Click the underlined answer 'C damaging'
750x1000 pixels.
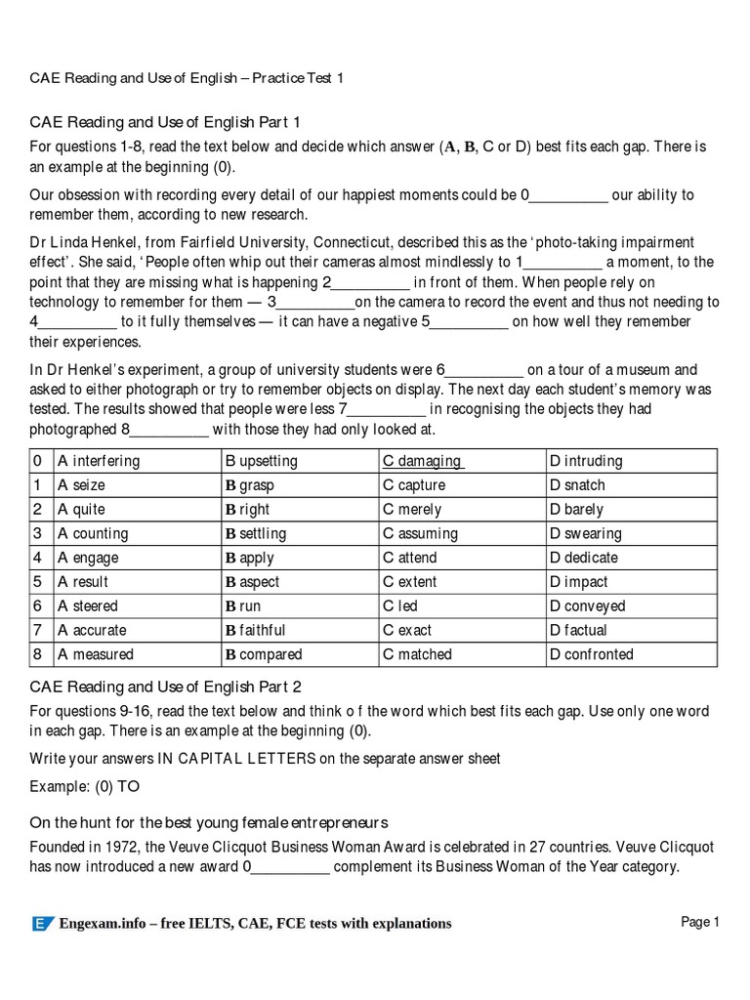click(x=422, y=461)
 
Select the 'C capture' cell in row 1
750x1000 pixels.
click(x=414, y=485)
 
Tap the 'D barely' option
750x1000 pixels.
click(x=576, y=510)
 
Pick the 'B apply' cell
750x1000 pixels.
click(x=250, y=558)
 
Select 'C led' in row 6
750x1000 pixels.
click(x=400, y=606)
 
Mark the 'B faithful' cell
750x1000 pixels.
click(x=256, y=630)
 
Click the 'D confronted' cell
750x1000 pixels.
click(x=591, y=654)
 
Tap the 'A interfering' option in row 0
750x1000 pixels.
click(x=99, y=461)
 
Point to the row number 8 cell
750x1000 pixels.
click(x=38, y=654)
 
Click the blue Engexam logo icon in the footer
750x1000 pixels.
click(x=43, y=924)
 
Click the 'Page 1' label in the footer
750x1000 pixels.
click(x=699, y=923)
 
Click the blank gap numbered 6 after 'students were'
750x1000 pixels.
click(x=484, y=371)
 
